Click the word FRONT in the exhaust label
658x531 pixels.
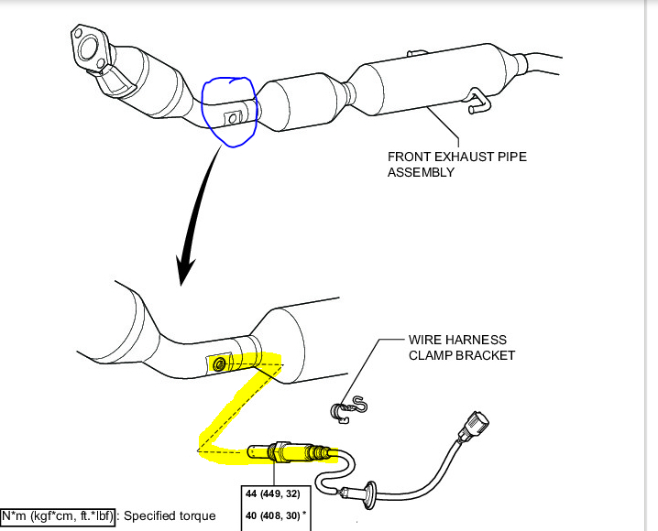[410, 157]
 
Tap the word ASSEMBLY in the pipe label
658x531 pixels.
[421, 172]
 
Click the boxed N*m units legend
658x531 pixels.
[59, 515]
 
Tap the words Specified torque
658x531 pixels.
[170, 515]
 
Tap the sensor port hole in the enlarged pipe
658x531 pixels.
[220, 365]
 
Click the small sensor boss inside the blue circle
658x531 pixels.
[233, 118]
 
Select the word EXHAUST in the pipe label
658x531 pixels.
[468, 157]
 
